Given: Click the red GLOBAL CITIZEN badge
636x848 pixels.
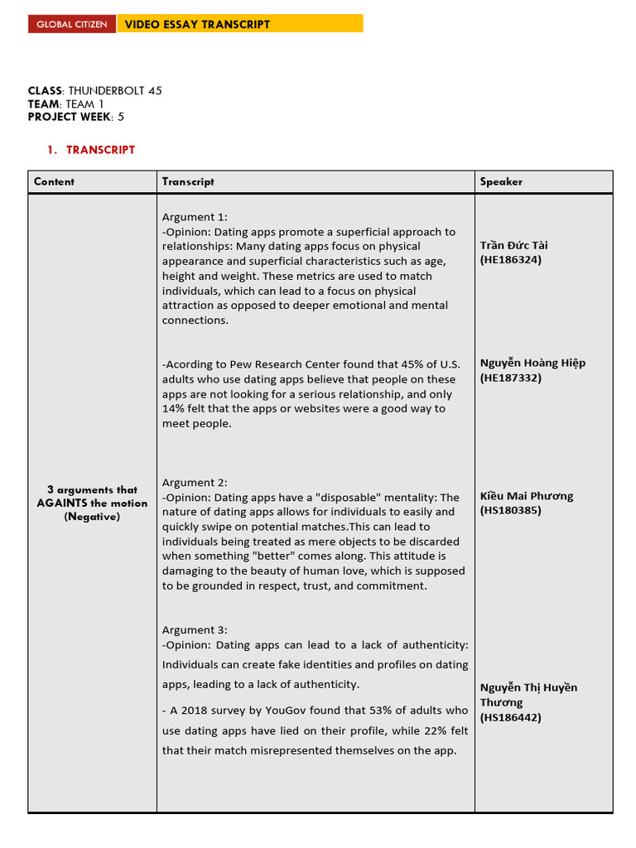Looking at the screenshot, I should pos(72,24).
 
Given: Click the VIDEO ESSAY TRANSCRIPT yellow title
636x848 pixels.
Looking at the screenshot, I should pos(197,24).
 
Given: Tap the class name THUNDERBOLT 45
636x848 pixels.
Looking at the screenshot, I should pos(114,90).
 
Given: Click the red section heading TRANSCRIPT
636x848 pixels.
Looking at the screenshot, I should pos(100,150).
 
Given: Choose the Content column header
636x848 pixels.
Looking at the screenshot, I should pos(54,181).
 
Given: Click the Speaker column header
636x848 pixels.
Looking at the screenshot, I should pos(501,181).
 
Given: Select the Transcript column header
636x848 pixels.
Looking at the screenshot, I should pos(188,181).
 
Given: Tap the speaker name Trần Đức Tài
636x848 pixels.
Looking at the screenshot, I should pos(513,245).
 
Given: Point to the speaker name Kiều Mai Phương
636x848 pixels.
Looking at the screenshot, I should pos(526,496).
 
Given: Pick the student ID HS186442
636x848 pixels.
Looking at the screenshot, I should pos(511,717).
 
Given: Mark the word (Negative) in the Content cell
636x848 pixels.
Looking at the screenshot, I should pos(92,516).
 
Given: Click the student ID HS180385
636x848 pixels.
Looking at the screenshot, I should pos(511,510).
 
